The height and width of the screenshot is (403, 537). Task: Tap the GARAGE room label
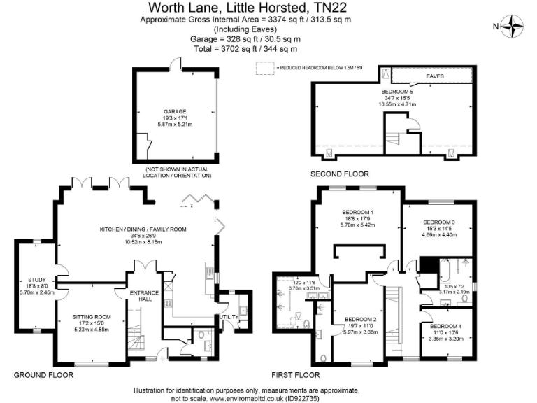[x=173, y=111]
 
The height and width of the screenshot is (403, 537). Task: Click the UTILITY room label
[x=228, y=316]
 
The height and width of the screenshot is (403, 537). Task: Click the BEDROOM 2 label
[x=362, y=319]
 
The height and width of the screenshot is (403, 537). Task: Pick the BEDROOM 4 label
[x=445, y=327]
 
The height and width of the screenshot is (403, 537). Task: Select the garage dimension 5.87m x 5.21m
[x=173, y=125]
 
